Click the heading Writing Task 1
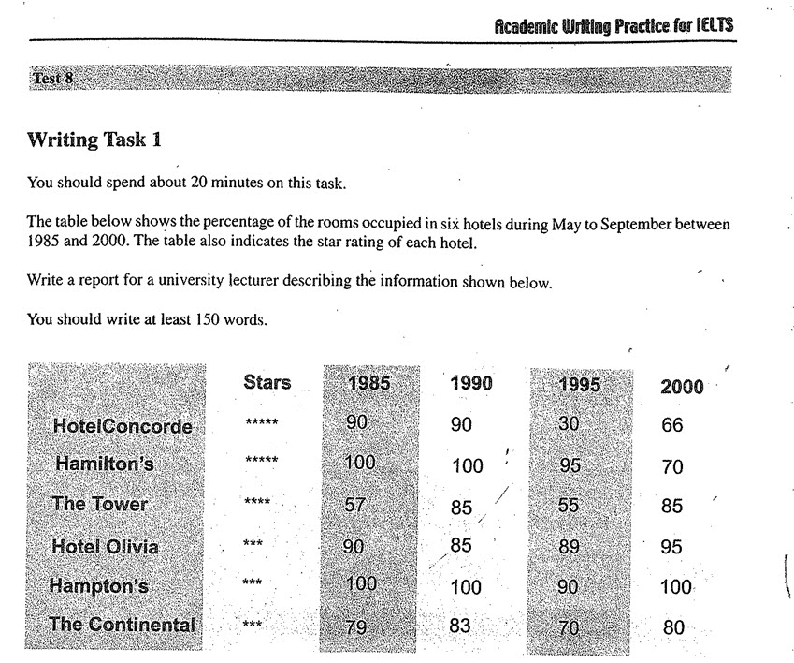[x=94, y=141]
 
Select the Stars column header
[x=267, y=382]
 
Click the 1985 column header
[x=368, y=383]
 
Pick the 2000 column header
[x=682, y=387]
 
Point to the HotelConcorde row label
[x=123, y=427]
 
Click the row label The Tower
[x=100, y=504]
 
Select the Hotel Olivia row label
[x=105, y=547]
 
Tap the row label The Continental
[x=122, y=625]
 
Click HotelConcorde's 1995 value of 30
[x=569, y=423]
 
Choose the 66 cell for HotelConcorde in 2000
[x=672, y=425]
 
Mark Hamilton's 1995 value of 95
[x=569, y=465]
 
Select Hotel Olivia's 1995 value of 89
[x=569, y=547]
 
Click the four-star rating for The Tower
[x=256, y=503]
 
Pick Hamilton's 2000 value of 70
[x=672, y=467]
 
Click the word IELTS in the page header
[x=713, y=26]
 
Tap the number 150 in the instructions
[x=209, y=318]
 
